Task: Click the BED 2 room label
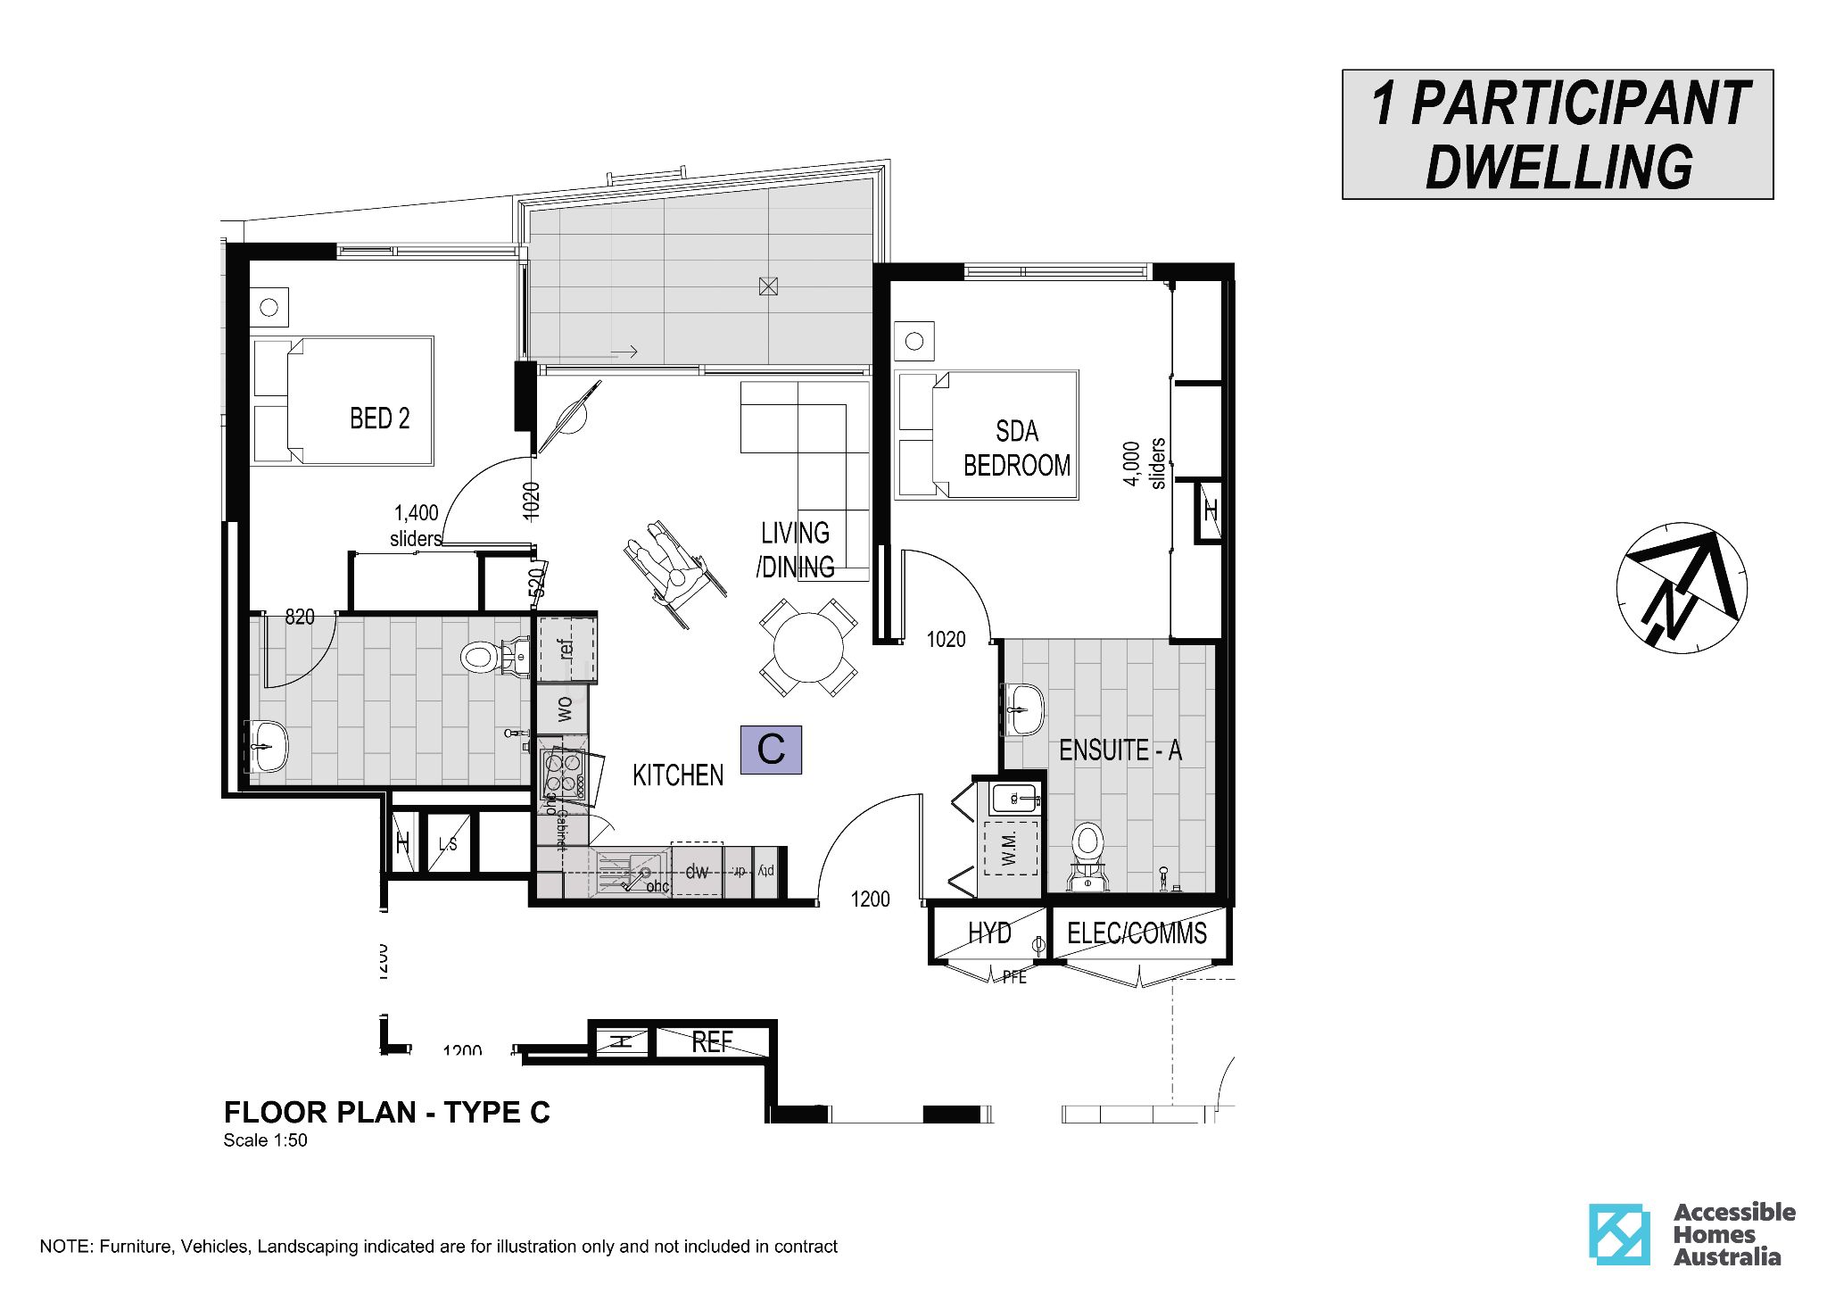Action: [379, 419]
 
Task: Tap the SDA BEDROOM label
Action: [1016, 449]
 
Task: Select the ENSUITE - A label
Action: [1120, 750]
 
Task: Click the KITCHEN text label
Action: [677, 775]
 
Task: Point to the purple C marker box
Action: [771, 750]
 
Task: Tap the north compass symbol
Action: [1681, 588]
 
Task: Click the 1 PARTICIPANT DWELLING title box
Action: [1557, 135]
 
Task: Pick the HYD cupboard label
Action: [989, 933]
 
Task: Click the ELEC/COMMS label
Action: [1137, 933]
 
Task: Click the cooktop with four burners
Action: [563, 774]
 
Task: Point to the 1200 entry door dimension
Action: [870, 899]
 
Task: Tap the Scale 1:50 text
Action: [265, 1140]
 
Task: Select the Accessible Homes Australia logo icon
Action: [1618, 1234]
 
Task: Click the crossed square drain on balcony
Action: [767, 286]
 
